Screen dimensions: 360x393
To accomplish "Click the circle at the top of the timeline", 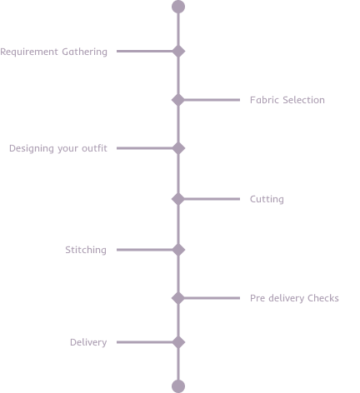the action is pyautogui.click(x=178, y=7).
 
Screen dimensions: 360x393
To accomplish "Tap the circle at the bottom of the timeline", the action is pyautogui.click(x=178, y=386).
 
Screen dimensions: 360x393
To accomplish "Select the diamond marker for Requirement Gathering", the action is pyautogui.click(x=178, y=51).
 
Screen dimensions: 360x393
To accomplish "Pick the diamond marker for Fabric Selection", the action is pyautogui.click(x=178, y=100).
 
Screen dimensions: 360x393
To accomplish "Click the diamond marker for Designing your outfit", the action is pyautogui.click(x=178, y=148).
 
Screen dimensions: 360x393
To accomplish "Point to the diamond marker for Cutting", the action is pyautogui.click(x=178, y=199).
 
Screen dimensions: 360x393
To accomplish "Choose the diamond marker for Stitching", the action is pyautogui.click(x=178, y=250).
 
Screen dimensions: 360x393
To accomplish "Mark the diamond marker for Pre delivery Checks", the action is pyautogui.click(x=178, y=298).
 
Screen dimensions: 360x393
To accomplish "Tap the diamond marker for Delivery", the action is pyautogui.click(x=178, y=342).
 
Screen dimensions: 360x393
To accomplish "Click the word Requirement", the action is pyautogui.click(x=29, y=52).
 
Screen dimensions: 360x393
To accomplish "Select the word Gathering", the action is pyautogui.click(x=84, y=52).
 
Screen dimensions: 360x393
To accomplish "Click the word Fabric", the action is pyautogui.click(x=264, y=100).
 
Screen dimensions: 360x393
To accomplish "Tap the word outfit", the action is pyautogui.click(x=94, y=148).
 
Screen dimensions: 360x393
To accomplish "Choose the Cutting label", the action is pyautogui.click(x=267, y=199).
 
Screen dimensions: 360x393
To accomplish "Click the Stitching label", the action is pyautogui.click(x=86, y=250).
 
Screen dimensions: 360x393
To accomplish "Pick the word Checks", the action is pyautogui.click(x=323, y=298).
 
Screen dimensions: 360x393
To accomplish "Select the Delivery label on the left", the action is pyautogui.click(x=88, y=342).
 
